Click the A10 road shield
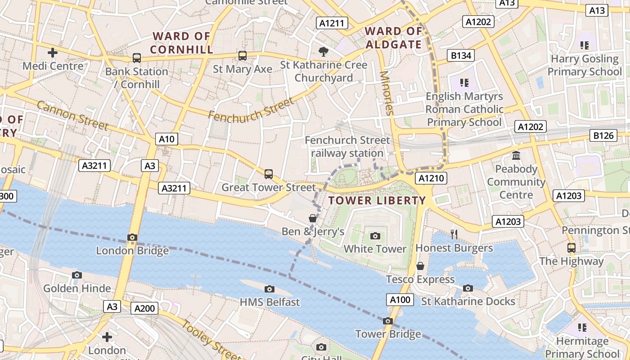[166, 139]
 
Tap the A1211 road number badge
[332, 23]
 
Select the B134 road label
[461, 55]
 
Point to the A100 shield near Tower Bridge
[400, 300]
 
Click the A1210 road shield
[431, 178]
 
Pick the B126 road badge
[603, 135]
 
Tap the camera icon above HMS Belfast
[270, 289]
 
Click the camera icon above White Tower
[375, 236]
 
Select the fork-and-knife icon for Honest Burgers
[454, 234]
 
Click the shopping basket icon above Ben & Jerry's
[312, 219]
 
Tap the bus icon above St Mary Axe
[243, 56]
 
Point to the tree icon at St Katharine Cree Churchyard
[323, 52]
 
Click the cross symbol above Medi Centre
[53, 53]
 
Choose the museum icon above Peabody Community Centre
[516, 156]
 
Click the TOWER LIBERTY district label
[377, 201]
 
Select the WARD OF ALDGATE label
[394, 38]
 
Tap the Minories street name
[387, 93]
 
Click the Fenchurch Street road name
[251, 109]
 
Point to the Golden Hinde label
[77, 288]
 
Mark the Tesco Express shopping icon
[420, 266]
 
